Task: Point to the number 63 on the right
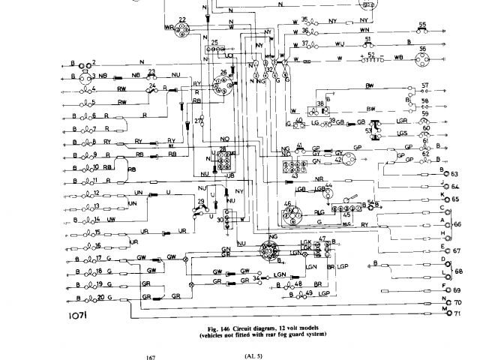coord(454,174)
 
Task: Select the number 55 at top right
coord(423,25)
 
